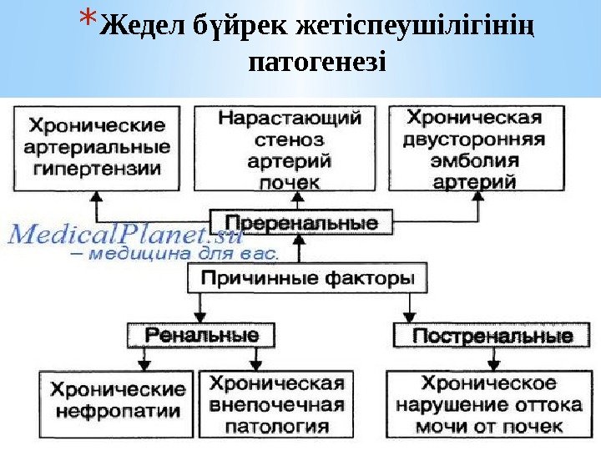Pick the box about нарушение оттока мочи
pyautogui.click(x=489, y=405)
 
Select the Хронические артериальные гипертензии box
pyautogui.click(x=98, y=148)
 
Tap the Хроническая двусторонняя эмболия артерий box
pyautogui.click(x=479, y=148)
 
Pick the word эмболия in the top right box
pyautogui.click(x=479, y=160)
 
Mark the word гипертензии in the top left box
pyautogui.click(x=98, y=168)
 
